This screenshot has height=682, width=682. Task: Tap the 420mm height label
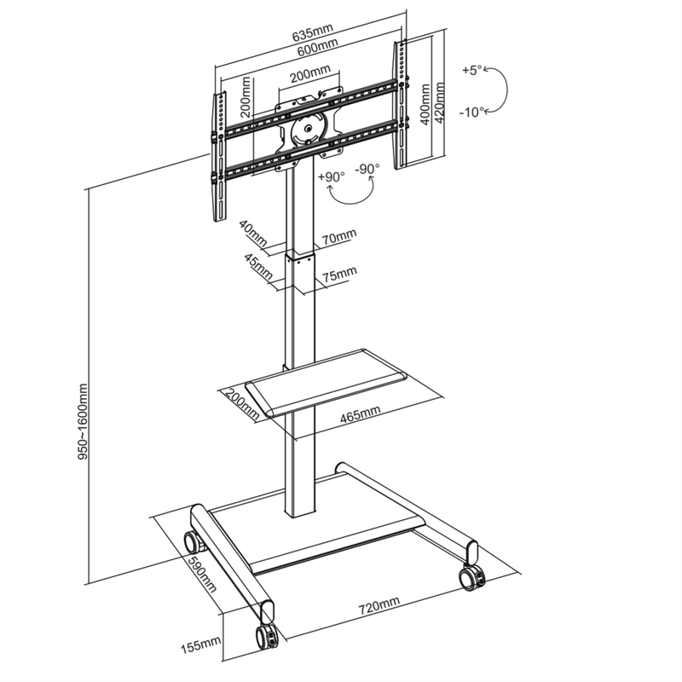[x=439, y=101]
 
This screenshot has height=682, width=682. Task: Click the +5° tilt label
[x=471, y=70]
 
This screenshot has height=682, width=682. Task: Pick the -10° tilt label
[x=471, y=112]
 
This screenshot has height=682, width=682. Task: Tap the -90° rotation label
[x=367, y=169]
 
